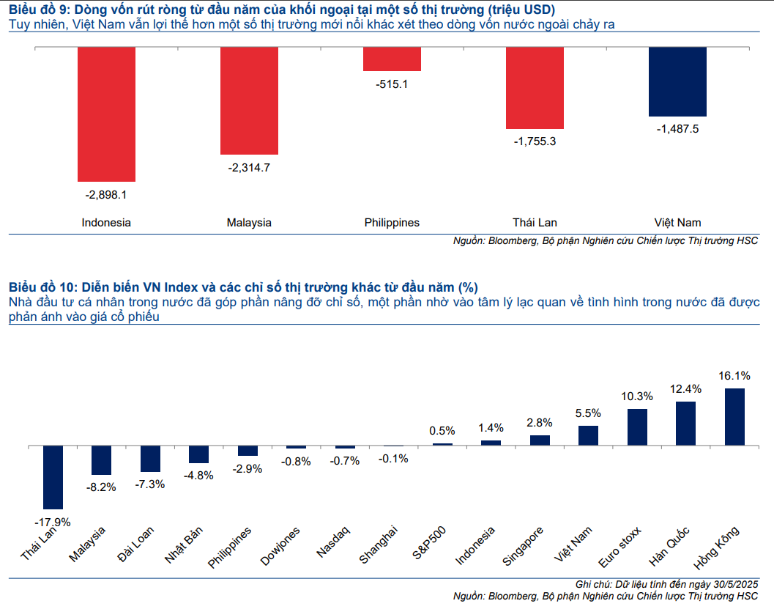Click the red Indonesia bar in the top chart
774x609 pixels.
pyautogui.click(x=106, y=114)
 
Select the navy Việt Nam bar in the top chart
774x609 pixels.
pyautogui.click(x=677, y=81)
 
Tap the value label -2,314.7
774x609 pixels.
pyautogui.click(x=249, y=168)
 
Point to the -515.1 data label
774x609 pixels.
pyautogui.click(x=392, y=84)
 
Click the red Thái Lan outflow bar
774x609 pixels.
pyautogui.click(x=535, y=88)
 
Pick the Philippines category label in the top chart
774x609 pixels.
pyautogui.click(x=392, y=222)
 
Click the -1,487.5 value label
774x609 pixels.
pyautogui.click(x=677, y=129)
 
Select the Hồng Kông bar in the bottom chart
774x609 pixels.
pyautogui.click(x=734, y=416)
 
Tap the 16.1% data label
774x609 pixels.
pyautogui.click(x=734, y=376)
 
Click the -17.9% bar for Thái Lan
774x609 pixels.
pyautogui.click(x=53, y=477)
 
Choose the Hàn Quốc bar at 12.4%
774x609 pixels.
pyautogui.click(x=685, y=423)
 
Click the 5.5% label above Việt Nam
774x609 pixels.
pyautogui.click(x=588, y=413)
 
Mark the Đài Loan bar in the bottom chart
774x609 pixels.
pyautogui.click(x=150, y=459)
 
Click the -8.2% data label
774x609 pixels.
pyautogui.click(x=101, y=487)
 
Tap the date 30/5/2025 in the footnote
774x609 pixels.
pyautogui.click(x=729, y=583)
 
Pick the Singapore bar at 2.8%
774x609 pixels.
pyautogui.click(x=540, y=440)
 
